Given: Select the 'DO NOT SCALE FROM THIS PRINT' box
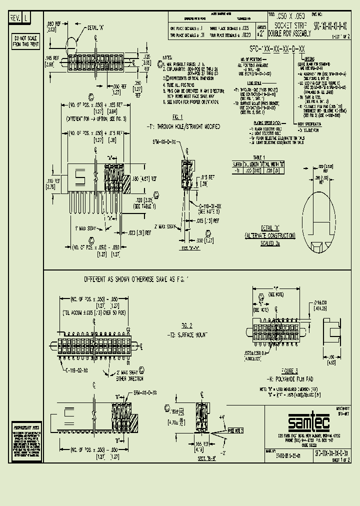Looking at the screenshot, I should point(23,41).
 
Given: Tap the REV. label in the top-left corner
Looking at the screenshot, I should point(14,18).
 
